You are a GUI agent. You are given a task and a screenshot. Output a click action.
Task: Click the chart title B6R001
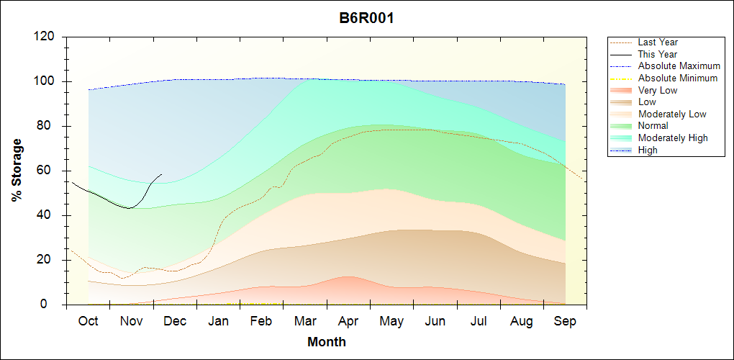(366, 18)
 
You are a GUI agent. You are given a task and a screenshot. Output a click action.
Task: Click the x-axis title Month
(327, 342)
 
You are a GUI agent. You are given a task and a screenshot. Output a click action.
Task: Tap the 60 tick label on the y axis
(47, 171)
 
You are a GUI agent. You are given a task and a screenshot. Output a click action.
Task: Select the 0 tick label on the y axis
(51, 305)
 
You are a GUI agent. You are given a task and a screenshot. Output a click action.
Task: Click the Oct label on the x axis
(88, 321)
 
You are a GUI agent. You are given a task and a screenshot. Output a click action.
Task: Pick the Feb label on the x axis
(261, 321)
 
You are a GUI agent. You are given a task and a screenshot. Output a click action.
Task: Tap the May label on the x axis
(391, 321)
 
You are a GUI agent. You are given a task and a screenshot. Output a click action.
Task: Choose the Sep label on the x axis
(565, 321)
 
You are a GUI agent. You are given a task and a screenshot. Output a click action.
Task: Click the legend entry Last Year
(658, 42)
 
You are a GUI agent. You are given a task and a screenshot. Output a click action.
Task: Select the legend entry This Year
(658, 54)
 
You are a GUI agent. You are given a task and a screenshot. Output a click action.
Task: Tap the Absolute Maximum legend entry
(679, 66)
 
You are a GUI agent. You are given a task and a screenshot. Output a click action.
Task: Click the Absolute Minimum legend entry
(678, 78)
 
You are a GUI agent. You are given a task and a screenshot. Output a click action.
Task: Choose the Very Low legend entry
(658, 90)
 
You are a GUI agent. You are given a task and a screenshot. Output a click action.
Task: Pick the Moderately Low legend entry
(672, 114)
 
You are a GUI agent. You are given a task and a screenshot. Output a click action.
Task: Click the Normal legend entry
(653, 126)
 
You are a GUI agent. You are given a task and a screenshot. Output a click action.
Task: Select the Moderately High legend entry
(673, 138)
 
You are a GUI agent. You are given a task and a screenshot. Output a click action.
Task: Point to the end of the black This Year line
(162, 174)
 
